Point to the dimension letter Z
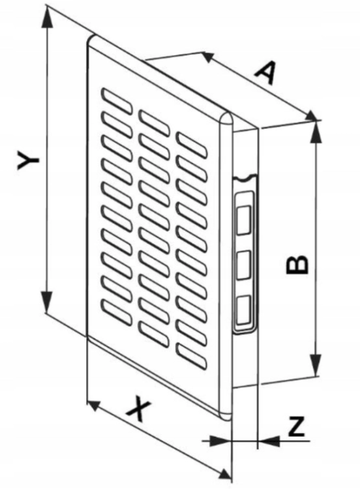296,426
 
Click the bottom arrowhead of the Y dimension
47,301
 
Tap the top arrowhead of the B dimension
317,131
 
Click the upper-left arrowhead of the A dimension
209,57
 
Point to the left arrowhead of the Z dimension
220,441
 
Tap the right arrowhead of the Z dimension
269,441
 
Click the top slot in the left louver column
116,101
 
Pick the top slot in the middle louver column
154,123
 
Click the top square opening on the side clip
244,220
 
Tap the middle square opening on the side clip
244,265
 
